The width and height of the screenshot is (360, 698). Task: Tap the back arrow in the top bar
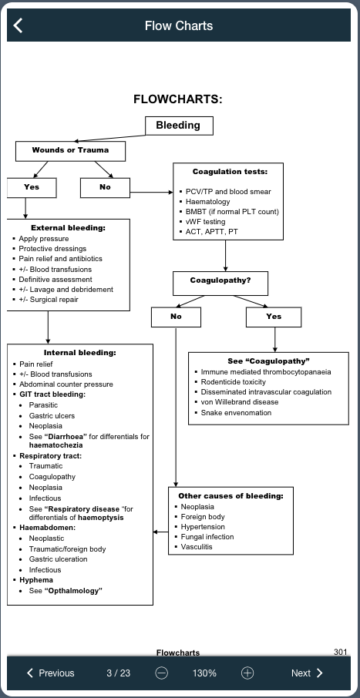[x=19, y=25]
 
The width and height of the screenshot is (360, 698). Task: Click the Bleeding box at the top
[x=178, y=126]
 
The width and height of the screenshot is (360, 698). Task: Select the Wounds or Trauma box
[x=70, y=150]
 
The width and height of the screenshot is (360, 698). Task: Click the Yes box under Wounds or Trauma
[x=31, y=187]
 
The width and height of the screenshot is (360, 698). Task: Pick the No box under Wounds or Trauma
[x=105, y=187]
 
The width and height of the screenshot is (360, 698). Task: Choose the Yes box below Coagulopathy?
[x=274, y=317]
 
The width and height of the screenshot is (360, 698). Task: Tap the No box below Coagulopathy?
[x=176, y=317]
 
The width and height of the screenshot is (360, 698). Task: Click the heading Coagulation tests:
[x=230, y=172]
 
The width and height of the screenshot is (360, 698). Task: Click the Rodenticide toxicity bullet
[x=233, y=382]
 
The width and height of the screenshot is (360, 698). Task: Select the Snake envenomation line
[x=236, y=413]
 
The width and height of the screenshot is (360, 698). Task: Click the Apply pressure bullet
[x=43, y=239]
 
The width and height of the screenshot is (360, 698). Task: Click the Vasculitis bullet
[x=197, y=547]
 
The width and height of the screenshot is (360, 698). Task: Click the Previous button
[x=51, y=673]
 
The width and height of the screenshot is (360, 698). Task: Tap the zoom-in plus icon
[x=247, y=673]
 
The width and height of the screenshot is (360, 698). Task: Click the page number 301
[x=341, y=652]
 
